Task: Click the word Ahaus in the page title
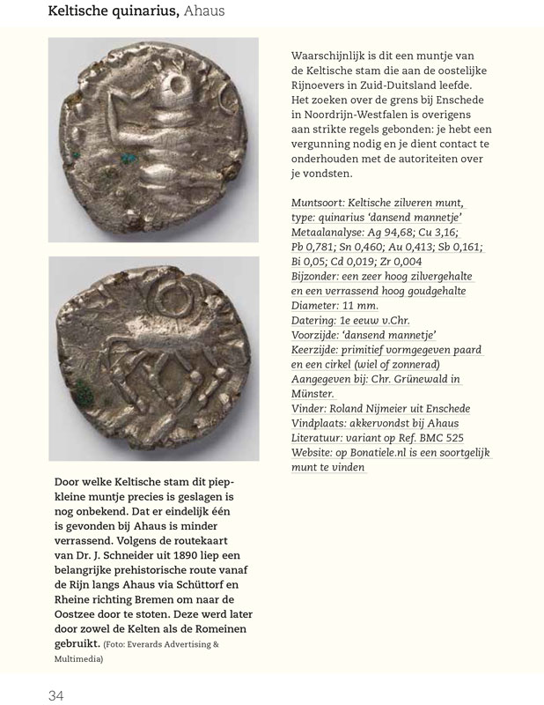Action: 202,11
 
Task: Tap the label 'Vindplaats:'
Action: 326,424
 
